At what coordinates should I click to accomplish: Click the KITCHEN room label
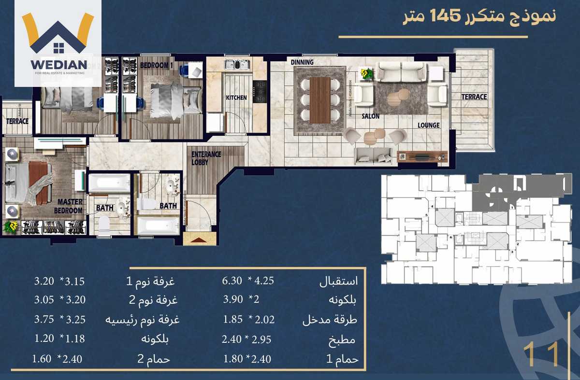pyautogui.click(x=236, y=98)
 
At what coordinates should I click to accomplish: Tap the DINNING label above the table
pyautogui.click(x=302, y=62)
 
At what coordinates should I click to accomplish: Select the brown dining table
pyautogui.click(x=320, y=100)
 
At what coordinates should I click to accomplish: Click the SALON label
pyautogui.click(x=371, y=116)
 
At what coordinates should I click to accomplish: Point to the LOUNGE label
pyautogui.click(x=429, y=126)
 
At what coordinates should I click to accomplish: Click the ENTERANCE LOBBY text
pyautogui.click(x=206, y=158)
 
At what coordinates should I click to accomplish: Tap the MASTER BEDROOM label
pyautogui.click(x=70, y=206)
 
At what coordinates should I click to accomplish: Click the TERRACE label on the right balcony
pyautogui.click(x=474, y=97)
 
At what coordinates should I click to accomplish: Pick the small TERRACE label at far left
pyautogui.click(x=17, y=122)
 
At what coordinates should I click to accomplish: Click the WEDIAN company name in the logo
pyautogui.click(x=58, y=64)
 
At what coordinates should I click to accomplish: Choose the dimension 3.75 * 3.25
pyautogui.click(x=59, y=320)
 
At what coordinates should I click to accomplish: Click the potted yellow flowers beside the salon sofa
pyautogui.click(x=367, y=73)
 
